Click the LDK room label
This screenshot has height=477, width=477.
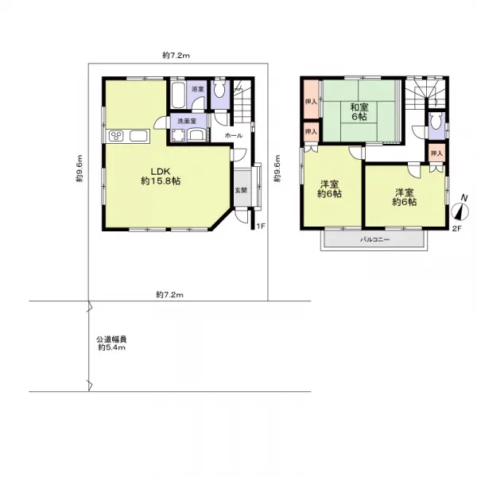pyautogui.click(x=161, y=176)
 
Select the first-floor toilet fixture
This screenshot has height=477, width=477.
pyautogui.click(x=219, y=88)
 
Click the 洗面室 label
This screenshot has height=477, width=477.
pyautogui.click(x=187, y=121)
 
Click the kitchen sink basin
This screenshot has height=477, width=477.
pyautogui.click(x=138, y=136)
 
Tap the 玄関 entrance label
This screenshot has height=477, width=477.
pyautogui.click(x=241, y=191)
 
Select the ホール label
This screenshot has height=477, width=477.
pyautogui.click(x=234, y=136)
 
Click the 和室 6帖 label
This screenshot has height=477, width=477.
pyautogui.click(x=359, y=111)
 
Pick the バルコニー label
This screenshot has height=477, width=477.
pyautogui.click(x=374, y=240)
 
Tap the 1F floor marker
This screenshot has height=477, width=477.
pyautogui.click(x=261, y=227)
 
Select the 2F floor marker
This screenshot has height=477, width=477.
pyautogui.click(x=456, y=229)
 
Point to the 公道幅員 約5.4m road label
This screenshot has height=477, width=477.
pyautogui.click(x=111, y=343)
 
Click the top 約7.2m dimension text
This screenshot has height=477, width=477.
pyautogui.click(x=176, y=56)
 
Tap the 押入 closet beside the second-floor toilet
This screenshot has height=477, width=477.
pyautogui.click(x=436, y=153)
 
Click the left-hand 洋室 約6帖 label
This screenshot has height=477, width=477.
pyautogui.click(x=329, y=189)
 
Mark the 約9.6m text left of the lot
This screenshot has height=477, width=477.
pyautogui.click(x=79, y=169)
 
